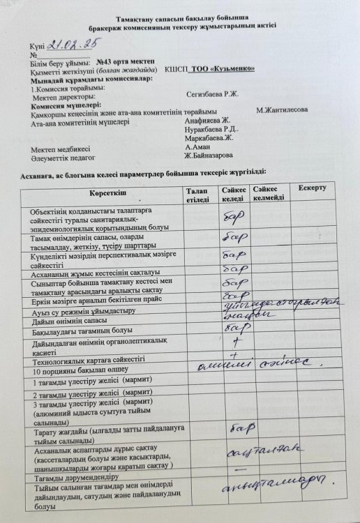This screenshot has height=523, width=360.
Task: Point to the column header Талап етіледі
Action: point(197,195)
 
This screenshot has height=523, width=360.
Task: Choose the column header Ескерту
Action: point(312,189)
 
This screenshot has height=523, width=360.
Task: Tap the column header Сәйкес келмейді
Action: point(269,193)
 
